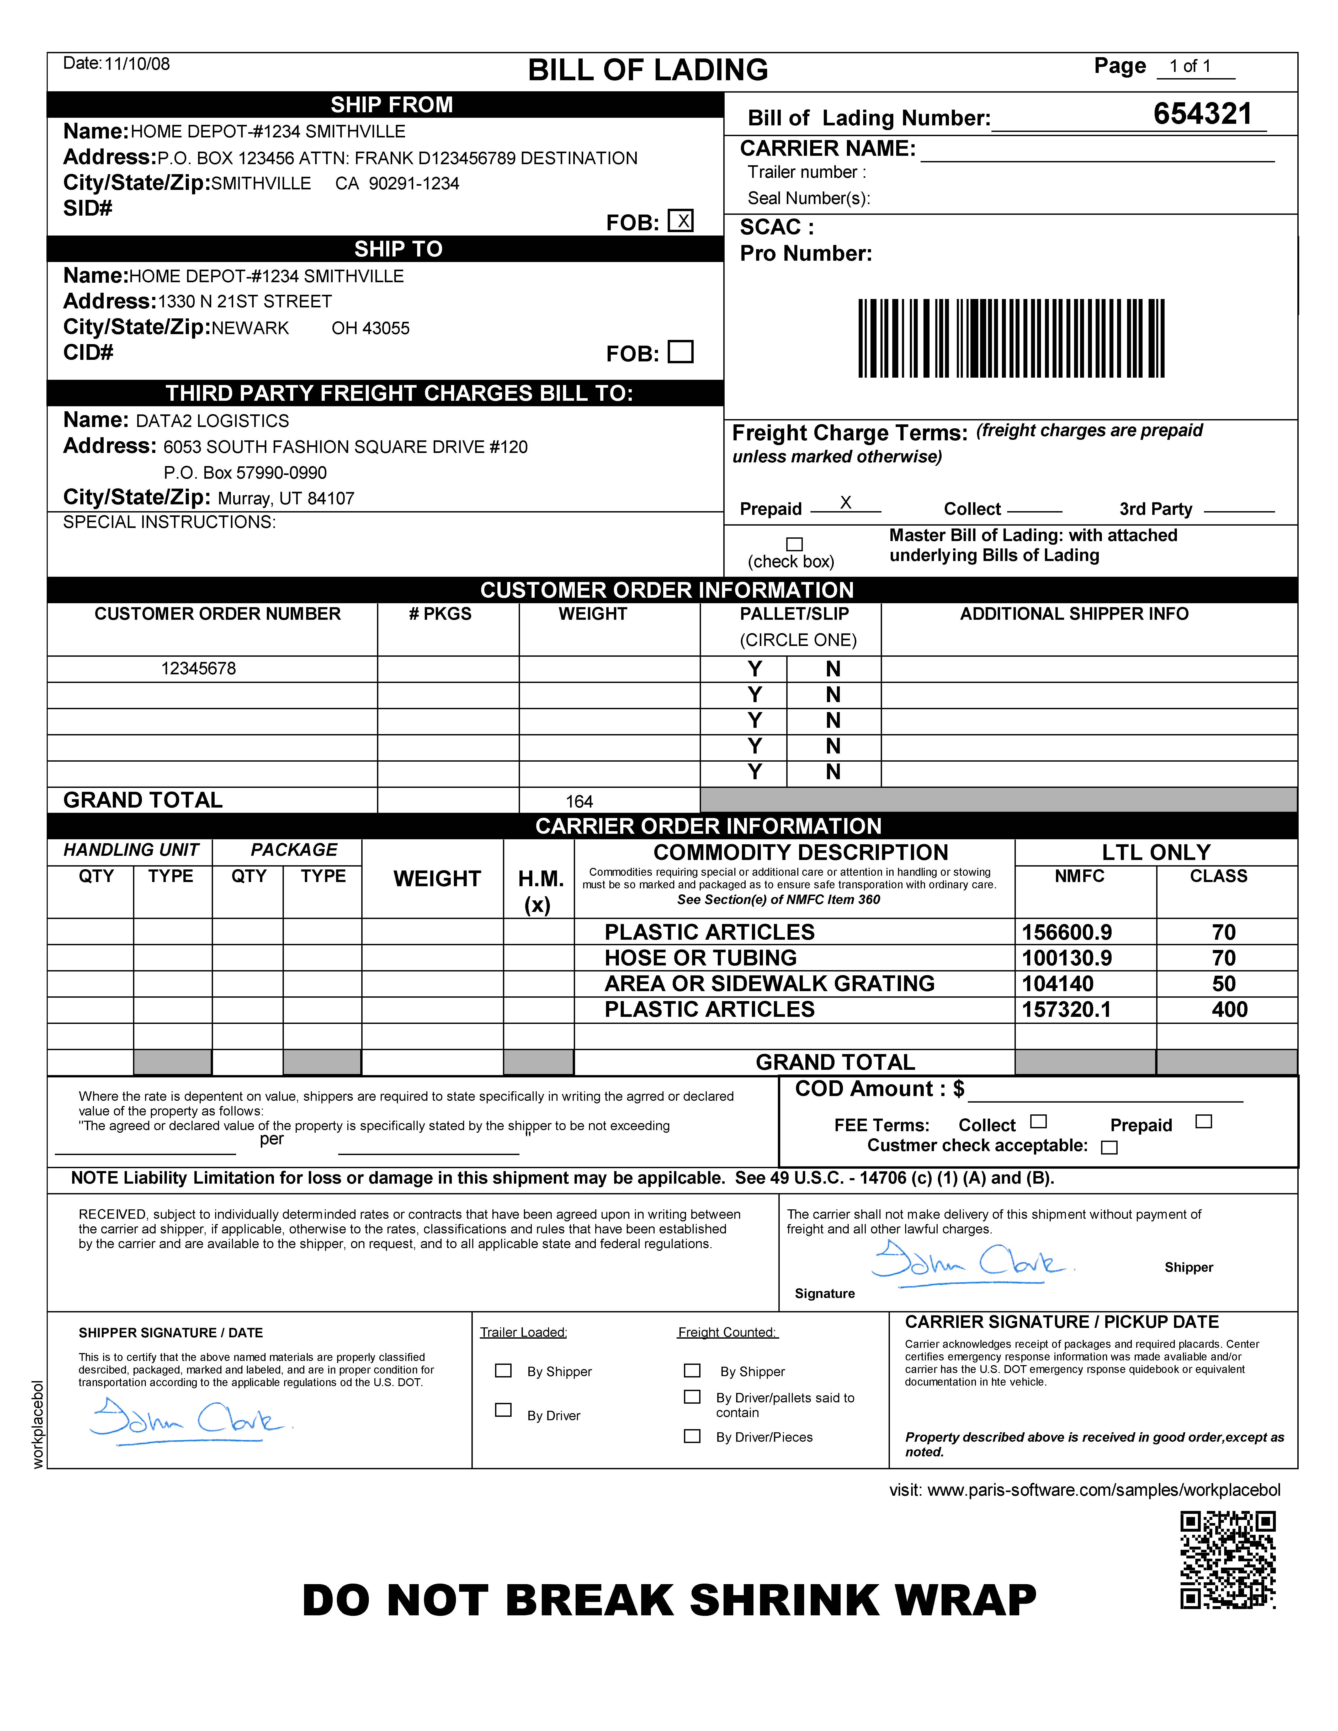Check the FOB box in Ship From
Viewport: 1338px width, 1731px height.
click(x=680, y=220)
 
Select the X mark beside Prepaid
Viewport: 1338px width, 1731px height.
click(x=846, y=503)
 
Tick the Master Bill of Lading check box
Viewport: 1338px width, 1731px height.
click(x=794, y=544)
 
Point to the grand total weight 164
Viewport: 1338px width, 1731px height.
click(x=580, y=801)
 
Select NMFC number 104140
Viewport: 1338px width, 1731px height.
click(x=1057, y=984)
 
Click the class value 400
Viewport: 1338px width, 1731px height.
click(x=1229, y=1010)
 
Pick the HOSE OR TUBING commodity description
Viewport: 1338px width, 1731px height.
click(x=701, y=958)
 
